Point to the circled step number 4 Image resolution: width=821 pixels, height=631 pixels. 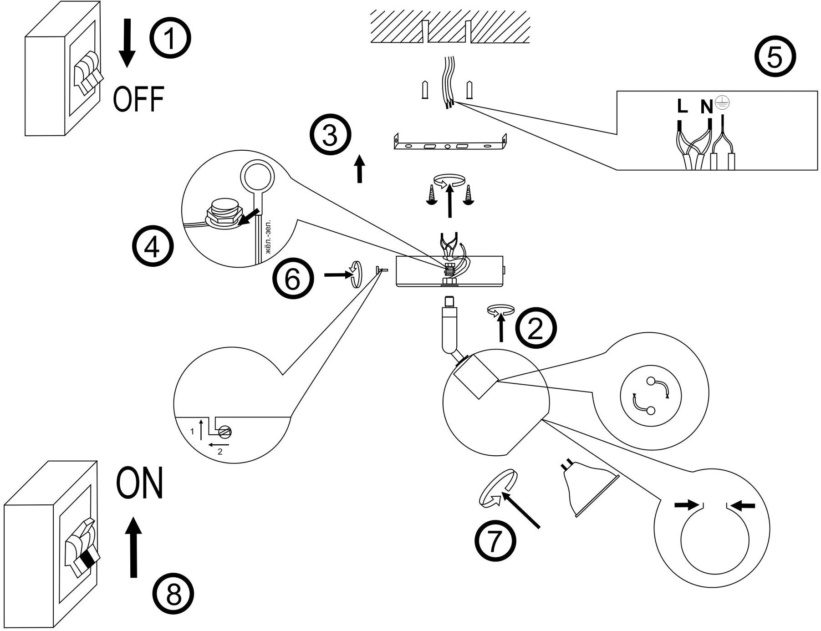click(x=153, y=249)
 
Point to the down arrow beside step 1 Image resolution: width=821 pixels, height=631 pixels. click(x=127, y=43)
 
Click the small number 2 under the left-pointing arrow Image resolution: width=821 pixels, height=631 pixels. click(x=220, y=452)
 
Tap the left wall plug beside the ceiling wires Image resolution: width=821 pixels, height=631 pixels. click(x=425, y=90)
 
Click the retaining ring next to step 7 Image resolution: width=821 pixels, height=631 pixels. click(x=498, y=489)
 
